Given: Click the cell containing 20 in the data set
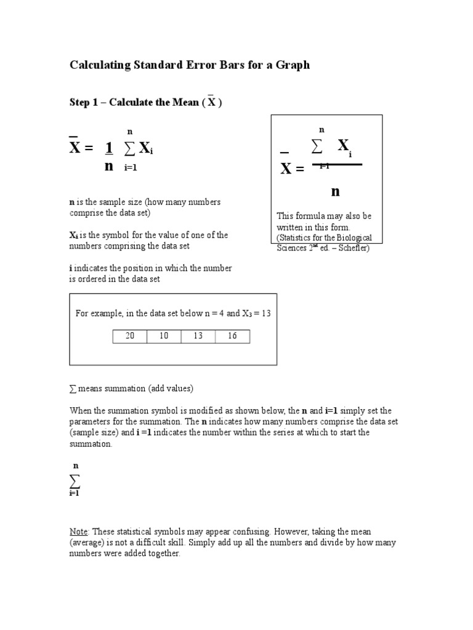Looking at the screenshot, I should pos(130,336).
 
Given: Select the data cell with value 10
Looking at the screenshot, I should pos(164,336).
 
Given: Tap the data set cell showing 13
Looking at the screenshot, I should pos(198,336).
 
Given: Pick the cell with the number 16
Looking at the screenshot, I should pos(232,336).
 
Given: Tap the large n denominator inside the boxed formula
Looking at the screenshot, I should pos(335,191).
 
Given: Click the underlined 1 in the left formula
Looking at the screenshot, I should pos(109,148).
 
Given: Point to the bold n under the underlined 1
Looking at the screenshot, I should pos(109,166).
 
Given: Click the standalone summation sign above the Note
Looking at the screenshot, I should pos(75,480).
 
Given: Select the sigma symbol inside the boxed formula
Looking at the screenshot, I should pos(317,146).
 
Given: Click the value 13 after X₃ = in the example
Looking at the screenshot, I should pos(266,313).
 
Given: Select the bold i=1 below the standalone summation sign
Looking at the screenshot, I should pos(75,493).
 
